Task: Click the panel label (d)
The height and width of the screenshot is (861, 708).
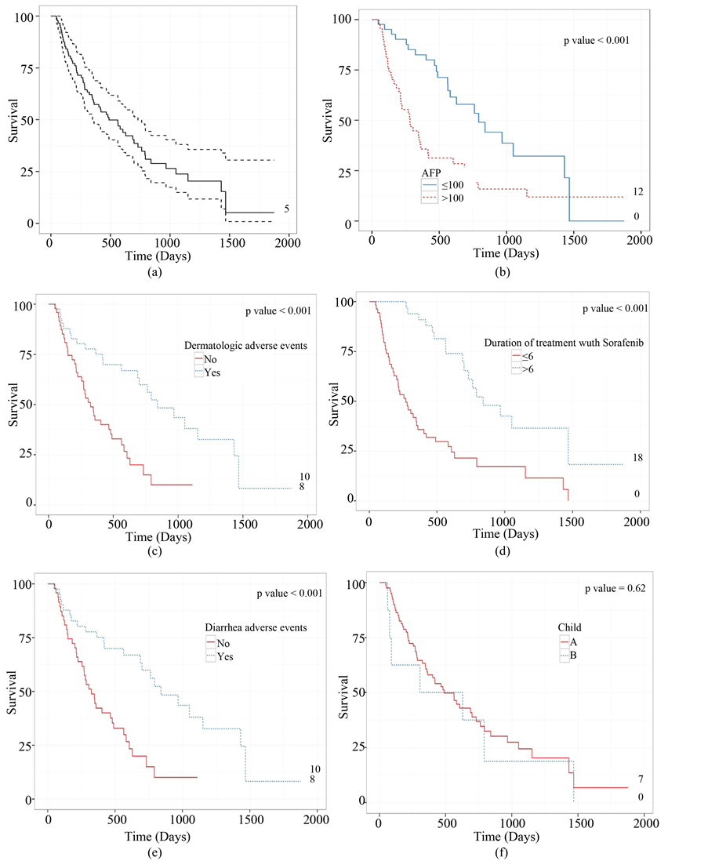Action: pyautogui.click(x=503, y=551)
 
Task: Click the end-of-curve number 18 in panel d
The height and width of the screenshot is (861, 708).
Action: pyautogui.click(x=637, y=458)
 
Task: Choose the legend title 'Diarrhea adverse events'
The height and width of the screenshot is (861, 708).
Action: pyautogui.click(x=249, y=627)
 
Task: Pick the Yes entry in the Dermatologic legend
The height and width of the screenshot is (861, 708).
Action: pyautogui.click(x=211, y=373)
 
